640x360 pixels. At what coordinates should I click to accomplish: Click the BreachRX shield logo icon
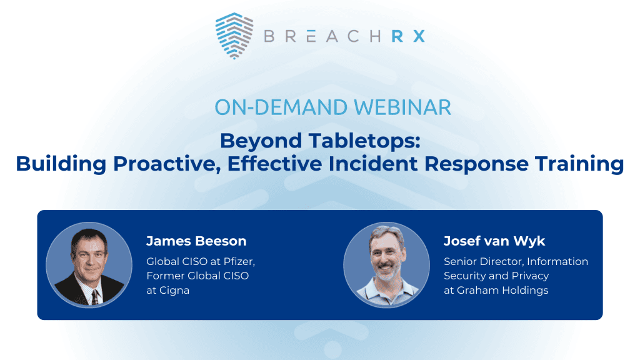[234, 36]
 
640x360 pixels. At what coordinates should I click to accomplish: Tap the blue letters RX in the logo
[408, 36]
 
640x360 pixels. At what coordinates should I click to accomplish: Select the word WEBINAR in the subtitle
[402, 107]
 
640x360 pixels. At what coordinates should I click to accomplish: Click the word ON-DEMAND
[282, 107]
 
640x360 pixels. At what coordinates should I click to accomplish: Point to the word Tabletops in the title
[364, 141]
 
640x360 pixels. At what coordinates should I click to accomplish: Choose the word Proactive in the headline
[167, 164]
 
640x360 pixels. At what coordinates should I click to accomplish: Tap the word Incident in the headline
[373, 164]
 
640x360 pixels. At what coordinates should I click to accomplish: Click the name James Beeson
[196, 241]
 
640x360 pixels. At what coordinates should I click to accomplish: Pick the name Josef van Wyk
[494, 241]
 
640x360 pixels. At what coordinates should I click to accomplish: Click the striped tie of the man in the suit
[95, 297]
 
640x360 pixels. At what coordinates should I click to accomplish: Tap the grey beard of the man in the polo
[385, 273]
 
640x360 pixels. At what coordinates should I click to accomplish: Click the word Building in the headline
[61, 164]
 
